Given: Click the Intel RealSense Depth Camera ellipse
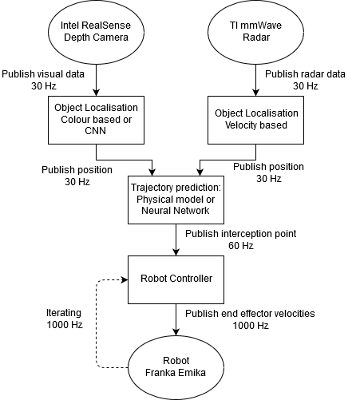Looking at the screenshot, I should pyautogui.click(x=96, y=31).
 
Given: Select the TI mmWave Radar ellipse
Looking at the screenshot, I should pyautogui.click(x=255, y=31).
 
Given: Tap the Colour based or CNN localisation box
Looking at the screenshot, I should pyautogui.click(x=96, y=120).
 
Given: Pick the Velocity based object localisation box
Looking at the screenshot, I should pyautogui.click(x=255, y=120).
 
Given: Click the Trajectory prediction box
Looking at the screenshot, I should pyautogui.click(x=176, y=199).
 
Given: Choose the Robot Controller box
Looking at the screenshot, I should pyautogui.click(x=176, y=279).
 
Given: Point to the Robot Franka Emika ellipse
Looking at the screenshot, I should pyautogui.click(x=176, y=366).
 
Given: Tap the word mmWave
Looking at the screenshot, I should pyautogui.click(x=259, y=26).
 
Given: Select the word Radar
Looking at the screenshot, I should pyautogui.click(x=255, y=38).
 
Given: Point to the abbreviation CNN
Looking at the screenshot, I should pyautogui.click(x=96, y=132).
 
